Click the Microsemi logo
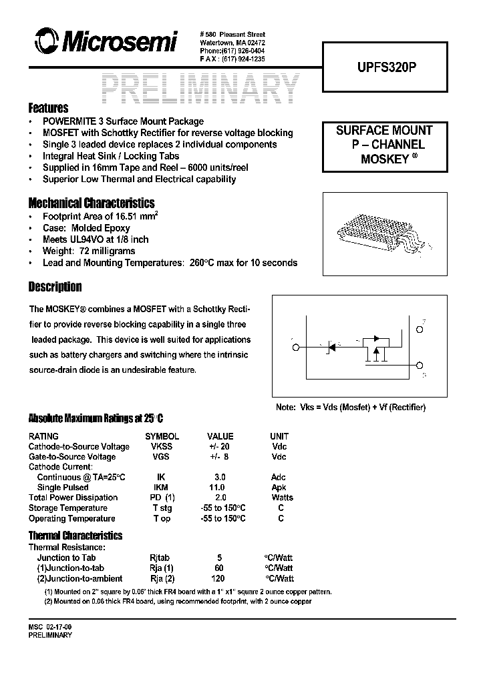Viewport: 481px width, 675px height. (x=100, y=43)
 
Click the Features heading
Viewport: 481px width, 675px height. (x=48, y=108)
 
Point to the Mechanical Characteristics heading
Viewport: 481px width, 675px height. (x=92, y=203)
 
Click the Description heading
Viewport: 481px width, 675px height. (x=55, y=287)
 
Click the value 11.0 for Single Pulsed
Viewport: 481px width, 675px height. (x=217, y=488)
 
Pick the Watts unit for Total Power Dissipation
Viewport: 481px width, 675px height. (x=282, y=498)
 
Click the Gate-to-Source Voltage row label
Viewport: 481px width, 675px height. (x=72, y=457)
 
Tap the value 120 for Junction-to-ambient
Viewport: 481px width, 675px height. (x=218, y=579)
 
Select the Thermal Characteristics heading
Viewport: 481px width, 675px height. (x=75, y=536)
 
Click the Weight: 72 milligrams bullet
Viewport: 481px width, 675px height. (x=89, y=251)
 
